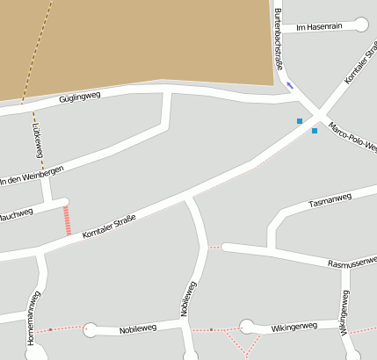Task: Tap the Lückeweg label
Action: (38, 140)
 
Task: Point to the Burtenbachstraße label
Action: (279, 40)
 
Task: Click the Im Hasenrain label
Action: (319, 27)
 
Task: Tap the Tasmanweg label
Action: (330, 200)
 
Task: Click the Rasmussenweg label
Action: (352, 263)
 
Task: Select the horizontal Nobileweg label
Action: (137, 328)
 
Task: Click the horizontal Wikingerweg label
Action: (293, 326)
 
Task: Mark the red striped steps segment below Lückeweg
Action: (67, 220)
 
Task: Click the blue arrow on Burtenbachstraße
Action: (289, 85)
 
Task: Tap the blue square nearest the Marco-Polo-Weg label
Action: (315, 131)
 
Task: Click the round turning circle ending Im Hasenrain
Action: (361, 25)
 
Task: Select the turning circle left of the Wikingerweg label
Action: (247, 327)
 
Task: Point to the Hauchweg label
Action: (16, 213)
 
